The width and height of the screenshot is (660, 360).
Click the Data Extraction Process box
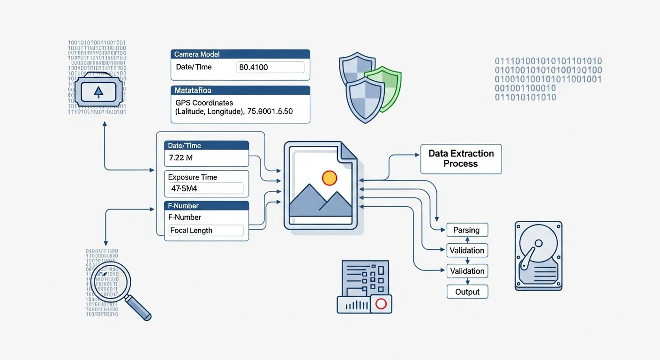(461, 159)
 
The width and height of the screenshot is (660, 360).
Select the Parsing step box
(466, 230)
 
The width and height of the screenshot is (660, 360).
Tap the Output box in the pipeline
(467, 292)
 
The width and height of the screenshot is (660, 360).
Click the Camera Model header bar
(240, 54)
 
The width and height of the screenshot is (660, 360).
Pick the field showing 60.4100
(271, 67)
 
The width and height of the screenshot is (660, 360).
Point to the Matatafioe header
(240, 90)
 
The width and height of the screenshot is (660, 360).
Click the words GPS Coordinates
(204, 103)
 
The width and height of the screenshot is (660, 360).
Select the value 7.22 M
(181, 158)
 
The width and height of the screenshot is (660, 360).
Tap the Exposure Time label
(193, 177)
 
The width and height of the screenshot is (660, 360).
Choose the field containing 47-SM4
(205, 189)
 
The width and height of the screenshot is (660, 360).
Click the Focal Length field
(205, 230)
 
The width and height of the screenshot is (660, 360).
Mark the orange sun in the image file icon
(330, 178)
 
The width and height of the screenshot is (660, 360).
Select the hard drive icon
(538, 256)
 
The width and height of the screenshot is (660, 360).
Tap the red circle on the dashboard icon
(381, 304)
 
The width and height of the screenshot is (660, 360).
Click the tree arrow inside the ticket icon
(98, 92)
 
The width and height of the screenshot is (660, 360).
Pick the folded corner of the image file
(348, 152)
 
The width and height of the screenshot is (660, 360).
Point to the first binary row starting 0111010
(548, 61)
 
